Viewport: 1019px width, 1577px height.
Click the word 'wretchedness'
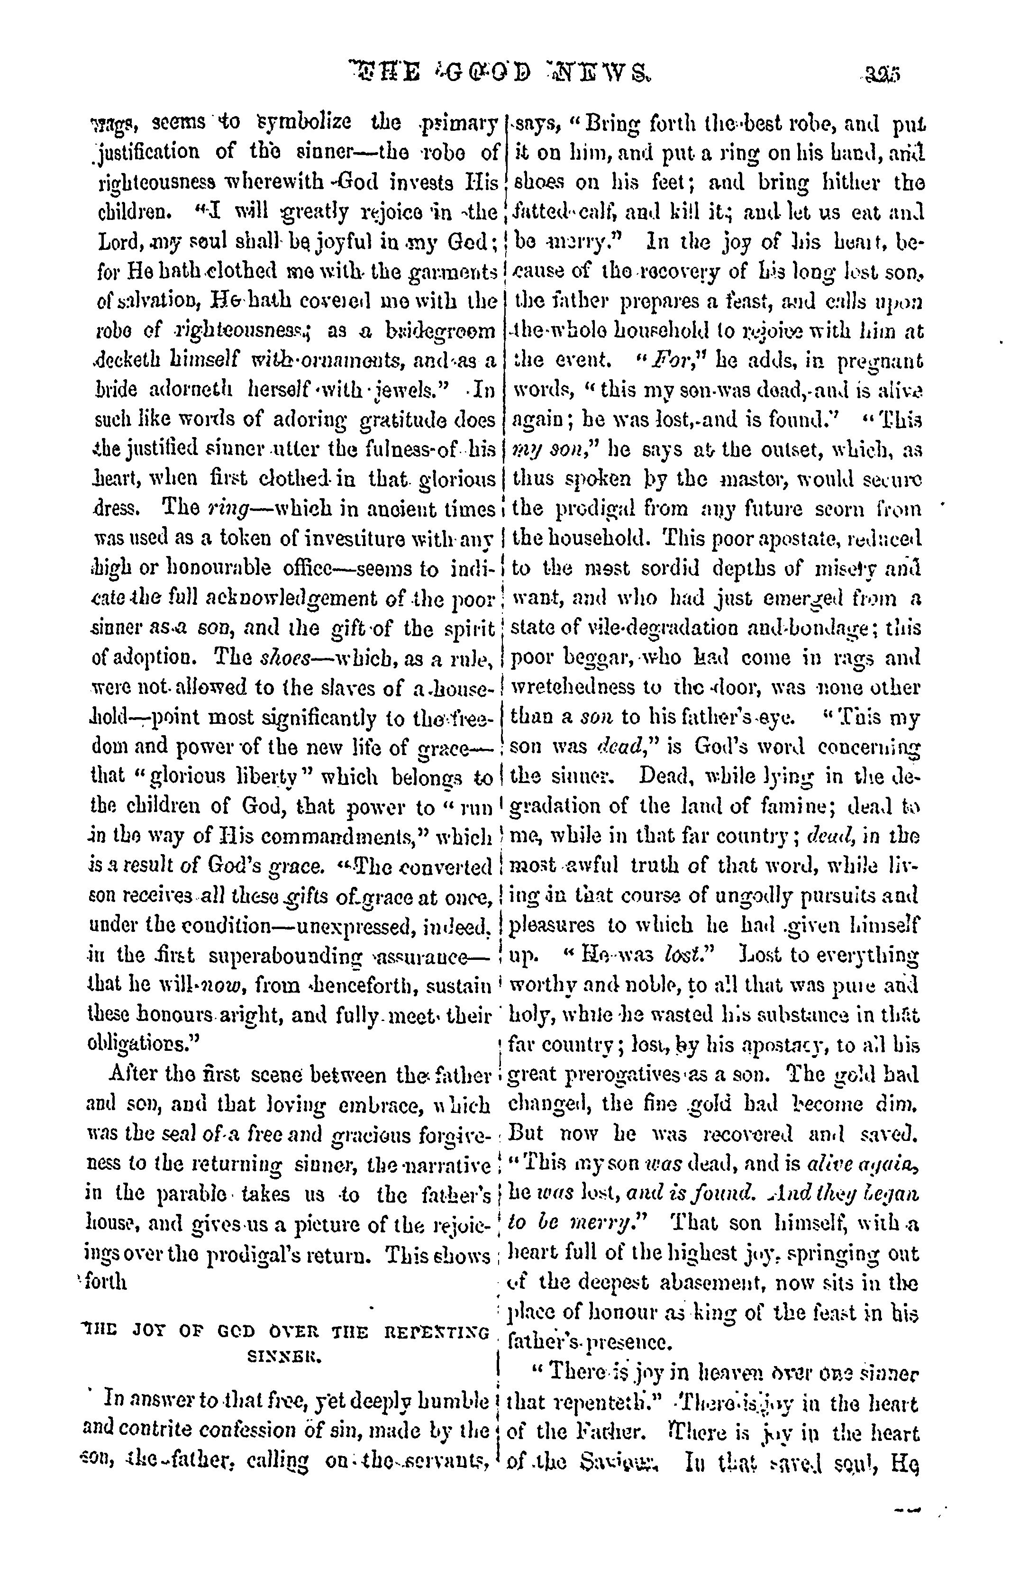(580, 688)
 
